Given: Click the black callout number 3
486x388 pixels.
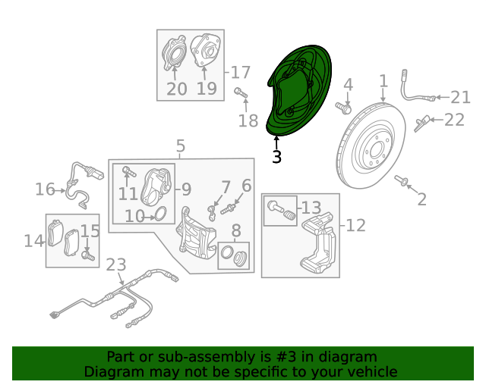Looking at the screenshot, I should pos(276,157).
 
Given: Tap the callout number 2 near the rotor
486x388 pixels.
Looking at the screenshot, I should pos(422,199).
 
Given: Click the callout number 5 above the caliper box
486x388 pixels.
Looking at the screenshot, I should pos(180,145).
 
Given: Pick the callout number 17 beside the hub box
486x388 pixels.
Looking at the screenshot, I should pos(240,73).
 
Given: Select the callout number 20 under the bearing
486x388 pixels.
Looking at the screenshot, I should pos(176,89).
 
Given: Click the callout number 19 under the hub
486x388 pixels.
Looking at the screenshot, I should pos(207,89).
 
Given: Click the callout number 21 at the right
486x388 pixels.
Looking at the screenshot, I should pos(460,97).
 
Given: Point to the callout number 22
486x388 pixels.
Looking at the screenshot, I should pos(454,120).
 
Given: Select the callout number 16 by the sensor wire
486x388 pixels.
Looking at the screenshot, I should pos(45,189).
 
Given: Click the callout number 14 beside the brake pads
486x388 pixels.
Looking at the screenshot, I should pos(33,241).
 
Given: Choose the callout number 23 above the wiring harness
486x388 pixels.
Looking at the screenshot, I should pos(115,265).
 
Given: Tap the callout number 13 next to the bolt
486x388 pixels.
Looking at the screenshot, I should pos(311,207).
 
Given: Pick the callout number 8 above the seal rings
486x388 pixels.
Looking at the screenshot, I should pos(236,232).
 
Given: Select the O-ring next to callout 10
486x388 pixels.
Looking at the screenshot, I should pos(160,215).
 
